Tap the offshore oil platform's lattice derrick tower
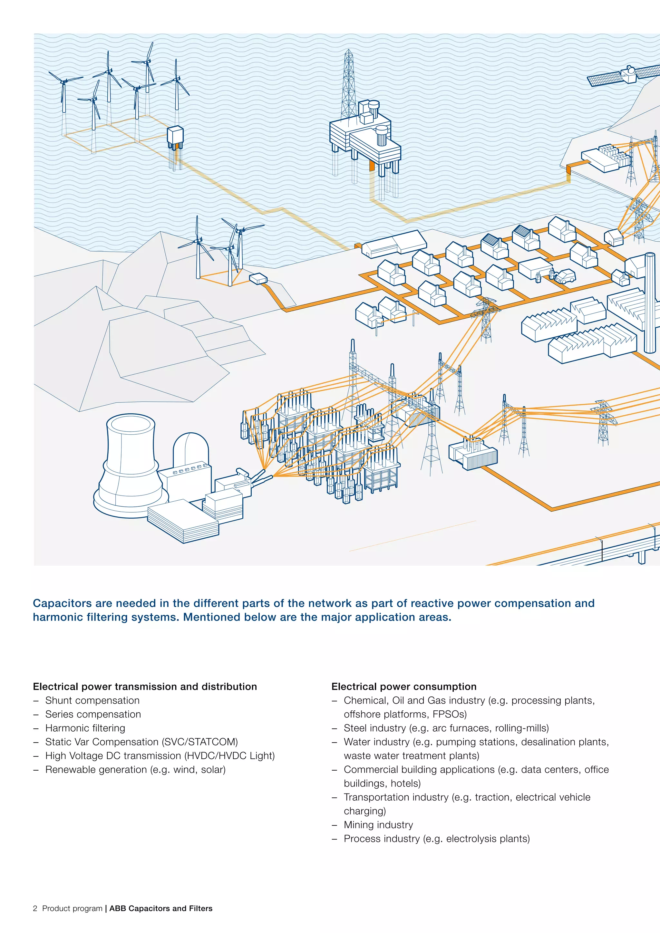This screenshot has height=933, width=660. pyautogui.click(x=348, y=85)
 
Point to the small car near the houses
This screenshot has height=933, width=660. pyautogui.click(x=565, y=277)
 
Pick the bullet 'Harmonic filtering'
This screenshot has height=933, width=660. pyautogui.click(x=85, y=728)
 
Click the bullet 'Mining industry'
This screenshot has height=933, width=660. pyautogui.click(x=378, y=824)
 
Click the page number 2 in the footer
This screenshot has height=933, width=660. pyautogui.click(x=35, y=908)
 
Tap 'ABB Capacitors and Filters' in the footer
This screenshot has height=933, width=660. pyautogui.click(x=160, y=908)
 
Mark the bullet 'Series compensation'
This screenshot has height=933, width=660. pyautogui.click(x=93, y=714)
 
